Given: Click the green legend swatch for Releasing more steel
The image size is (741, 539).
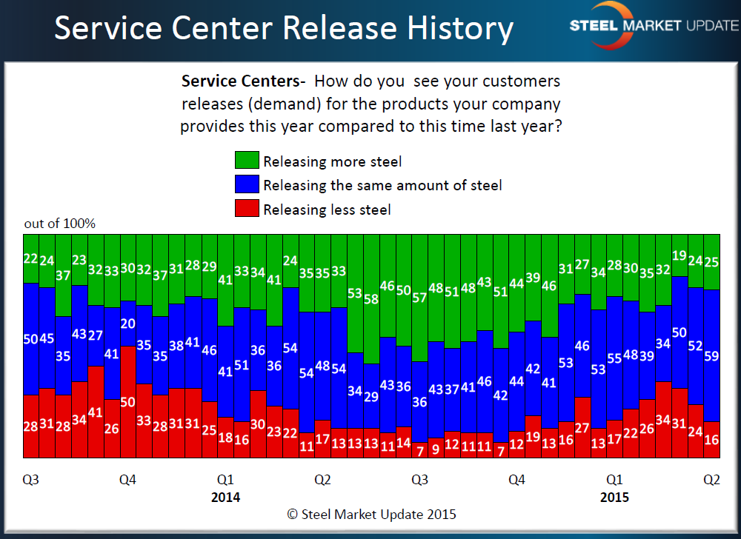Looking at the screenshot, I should tap(247, 160).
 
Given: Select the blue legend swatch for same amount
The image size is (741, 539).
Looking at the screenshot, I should tap(247, 184).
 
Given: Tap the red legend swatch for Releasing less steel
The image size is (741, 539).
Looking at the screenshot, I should tap(247, 209).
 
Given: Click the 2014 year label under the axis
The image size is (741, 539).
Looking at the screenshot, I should tap(225, 497).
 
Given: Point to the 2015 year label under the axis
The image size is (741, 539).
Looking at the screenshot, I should tap(614, 497).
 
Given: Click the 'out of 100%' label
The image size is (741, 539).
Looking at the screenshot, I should tap(60, 223).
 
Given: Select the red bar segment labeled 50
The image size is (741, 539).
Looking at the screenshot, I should tap(127, 401).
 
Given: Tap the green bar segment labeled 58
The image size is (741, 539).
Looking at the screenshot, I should tap(371, 299).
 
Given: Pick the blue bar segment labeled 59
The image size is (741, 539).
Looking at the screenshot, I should tap(711, 355).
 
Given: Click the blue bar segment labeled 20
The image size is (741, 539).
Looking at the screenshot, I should tap(127, 324).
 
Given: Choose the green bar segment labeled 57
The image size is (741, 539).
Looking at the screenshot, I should tap(419, 298).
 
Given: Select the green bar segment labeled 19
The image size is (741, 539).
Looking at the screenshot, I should tap(679, 255).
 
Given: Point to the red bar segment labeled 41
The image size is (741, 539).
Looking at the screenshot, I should tap(96, 412).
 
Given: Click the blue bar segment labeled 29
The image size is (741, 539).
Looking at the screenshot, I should tap(371, 396).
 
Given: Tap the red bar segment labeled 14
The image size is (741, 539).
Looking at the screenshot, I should tap(403, 442).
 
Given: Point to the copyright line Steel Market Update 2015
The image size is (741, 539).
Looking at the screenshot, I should tap(371, 514).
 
